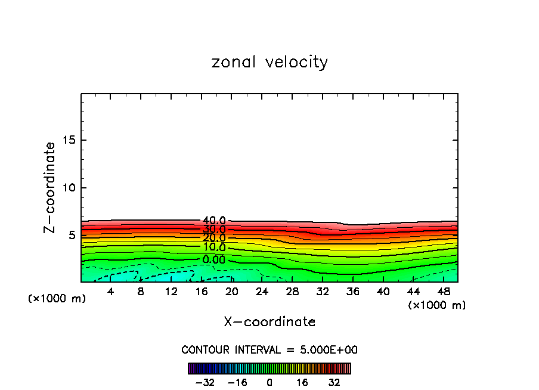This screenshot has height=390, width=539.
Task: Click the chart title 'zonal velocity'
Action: click(269, 62)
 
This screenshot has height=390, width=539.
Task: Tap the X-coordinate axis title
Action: click(269, 322)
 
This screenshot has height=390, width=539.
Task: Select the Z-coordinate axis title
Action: click(50, 187)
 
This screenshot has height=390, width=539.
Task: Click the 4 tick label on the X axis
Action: click(111, 292)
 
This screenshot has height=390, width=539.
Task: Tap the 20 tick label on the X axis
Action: click(232, 292)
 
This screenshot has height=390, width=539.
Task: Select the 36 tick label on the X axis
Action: click(353, 292)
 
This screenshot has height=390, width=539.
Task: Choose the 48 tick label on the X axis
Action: click(444, 292)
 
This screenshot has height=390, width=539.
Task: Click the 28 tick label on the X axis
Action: click(292, 292)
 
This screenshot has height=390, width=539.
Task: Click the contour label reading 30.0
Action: click(214, 230)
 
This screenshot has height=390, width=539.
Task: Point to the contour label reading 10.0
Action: click(214, 247)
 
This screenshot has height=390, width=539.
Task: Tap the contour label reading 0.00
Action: click(214, 260)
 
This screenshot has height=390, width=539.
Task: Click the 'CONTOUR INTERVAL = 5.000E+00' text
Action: click(269, 349)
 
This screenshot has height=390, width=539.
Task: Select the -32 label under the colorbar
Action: click(205, 382)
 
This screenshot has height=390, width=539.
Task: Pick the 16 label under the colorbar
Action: click(302, 382)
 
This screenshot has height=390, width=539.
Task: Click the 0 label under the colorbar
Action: click(269, 382)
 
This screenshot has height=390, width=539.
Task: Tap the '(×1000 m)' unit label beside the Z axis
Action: click(57, 299)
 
